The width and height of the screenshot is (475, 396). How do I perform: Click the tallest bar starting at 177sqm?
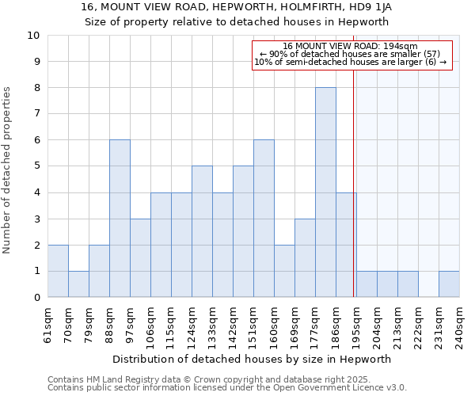[x=325, y=192]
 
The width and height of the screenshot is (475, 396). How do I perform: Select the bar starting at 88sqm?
[x=120, y=219]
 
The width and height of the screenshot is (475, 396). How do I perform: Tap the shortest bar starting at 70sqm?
[x=78, y=284]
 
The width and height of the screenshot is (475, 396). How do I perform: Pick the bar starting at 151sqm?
[x=264, y=219]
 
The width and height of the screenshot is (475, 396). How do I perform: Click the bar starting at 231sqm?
[x=449, y=284]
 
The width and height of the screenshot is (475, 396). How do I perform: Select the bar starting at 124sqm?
[x=202, y=231]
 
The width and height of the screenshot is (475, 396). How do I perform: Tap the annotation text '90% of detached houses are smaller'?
[x=350, y=54]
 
